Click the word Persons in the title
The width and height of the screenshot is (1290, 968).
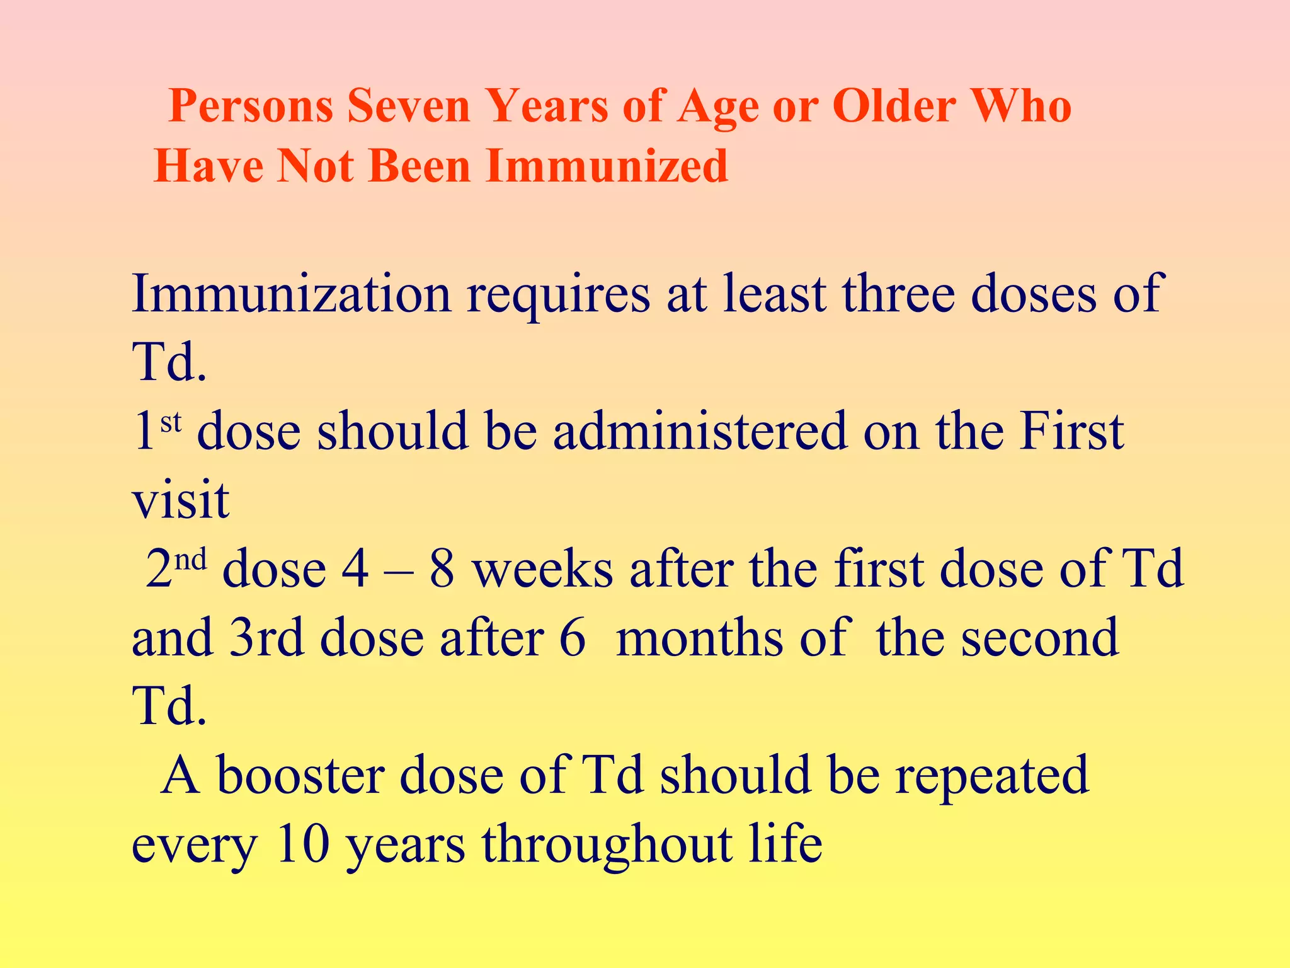(251, 107)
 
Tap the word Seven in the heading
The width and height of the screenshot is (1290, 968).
(408, 107)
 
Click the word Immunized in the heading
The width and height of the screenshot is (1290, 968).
(607, 166)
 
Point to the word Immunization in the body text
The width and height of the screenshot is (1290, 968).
(291, 294)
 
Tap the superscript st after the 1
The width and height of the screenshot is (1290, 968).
(171, 422)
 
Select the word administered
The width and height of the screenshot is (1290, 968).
(700, 432)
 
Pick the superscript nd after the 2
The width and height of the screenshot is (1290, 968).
(190, 559)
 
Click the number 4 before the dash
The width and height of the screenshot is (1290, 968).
(355, 569)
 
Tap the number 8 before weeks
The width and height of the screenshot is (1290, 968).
(442, 569)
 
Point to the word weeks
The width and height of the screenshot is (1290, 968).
(542, 569)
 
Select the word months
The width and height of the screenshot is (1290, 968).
(699, 638)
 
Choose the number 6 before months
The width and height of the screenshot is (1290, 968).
(572, 638)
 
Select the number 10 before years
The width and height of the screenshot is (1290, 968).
(303, 844)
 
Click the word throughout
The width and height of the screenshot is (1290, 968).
(607, 844)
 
